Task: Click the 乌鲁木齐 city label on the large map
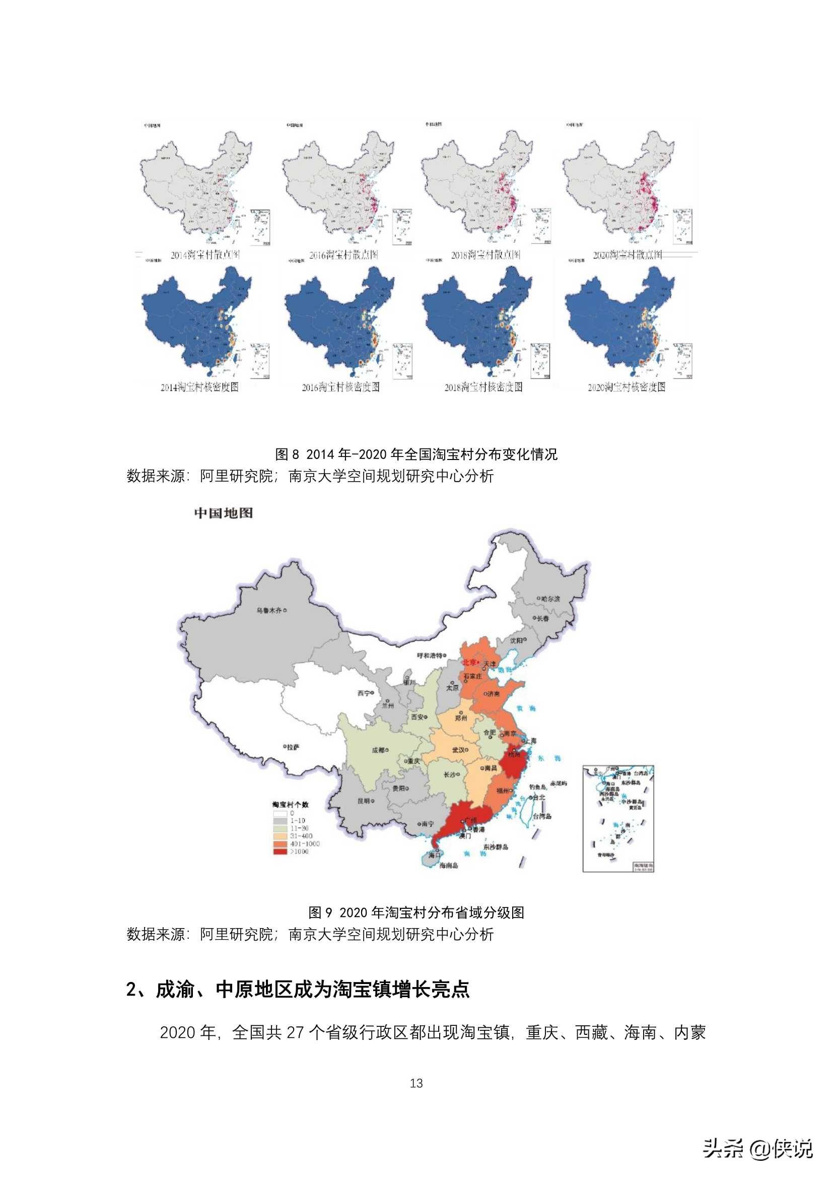point(269,611)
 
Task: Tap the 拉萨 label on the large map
point(293,748)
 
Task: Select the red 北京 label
point(469,663)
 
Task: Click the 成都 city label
point(378,750)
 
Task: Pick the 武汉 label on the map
point(458,750)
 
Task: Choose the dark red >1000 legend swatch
point(280,852)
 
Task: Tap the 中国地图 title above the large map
point(223,513)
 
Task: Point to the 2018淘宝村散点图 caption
point(485,255)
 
